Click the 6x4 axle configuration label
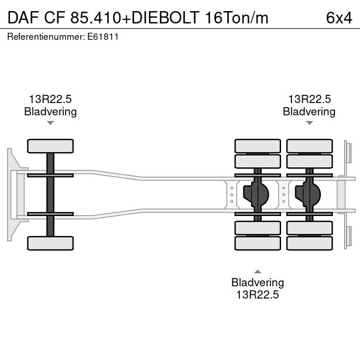(x=339, y=18)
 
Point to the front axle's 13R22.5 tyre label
(x=50, y=100)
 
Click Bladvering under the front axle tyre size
(x=50, y=111)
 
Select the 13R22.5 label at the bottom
(x=258, y=294)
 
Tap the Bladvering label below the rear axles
(x=258, y=283)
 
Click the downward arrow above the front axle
(x=50, y=123)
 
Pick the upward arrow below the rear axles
(x=258, y=271)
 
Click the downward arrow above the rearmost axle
(x=309, y=123)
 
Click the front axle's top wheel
(x=50, y=146)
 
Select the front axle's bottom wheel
(x=50, y=243)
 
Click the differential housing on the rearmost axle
(x=309, y=194)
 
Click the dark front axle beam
(x=50, y=194)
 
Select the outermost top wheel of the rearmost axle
(x=309, y=146)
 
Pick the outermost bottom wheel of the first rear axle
(x=258, y=243)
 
